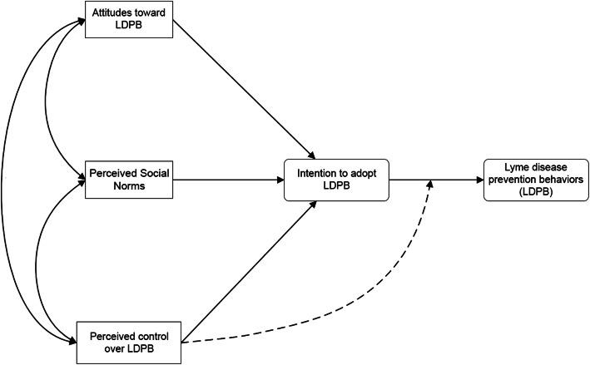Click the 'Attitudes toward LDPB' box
coord(128,19)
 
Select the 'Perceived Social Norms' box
coord(128,180)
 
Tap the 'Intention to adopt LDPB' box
coord(337,180)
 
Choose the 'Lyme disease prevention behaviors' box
coord(530,180)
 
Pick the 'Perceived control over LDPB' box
coord(128,342)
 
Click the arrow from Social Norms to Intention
coord(229,180)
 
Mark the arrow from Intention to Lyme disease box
coord(433,180)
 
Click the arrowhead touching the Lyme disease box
coord(479,180)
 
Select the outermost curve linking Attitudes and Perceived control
coord(7,179)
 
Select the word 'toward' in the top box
coord(150,13)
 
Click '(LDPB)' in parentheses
coord(530,191)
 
